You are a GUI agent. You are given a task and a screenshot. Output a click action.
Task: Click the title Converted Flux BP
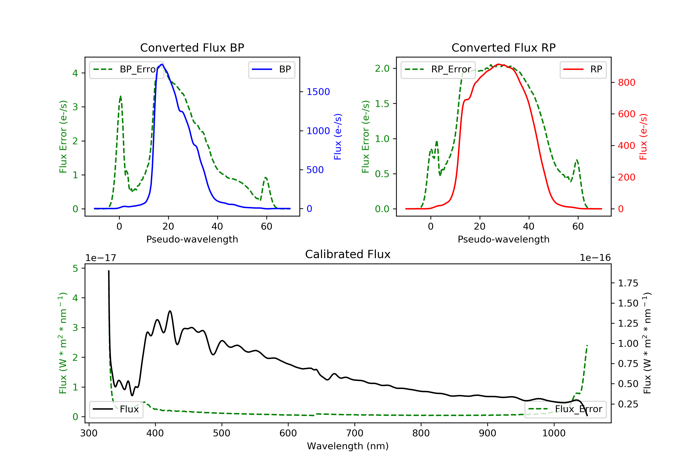pos(192,47)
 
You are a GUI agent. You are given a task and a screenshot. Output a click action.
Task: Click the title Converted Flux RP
pos(503,47)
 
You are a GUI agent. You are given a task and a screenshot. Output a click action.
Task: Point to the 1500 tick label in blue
pos(318,92)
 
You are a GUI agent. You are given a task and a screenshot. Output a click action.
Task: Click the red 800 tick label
pos(626,83)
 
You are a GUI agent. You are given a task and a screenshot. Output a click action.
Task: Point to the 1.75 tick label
pos(628,283)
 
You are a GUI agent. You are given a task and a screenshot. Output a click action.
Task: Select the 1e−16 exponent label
pos(595,258)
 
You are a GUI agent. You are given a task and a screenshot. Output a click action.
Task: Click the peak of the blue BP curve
pos(162,64)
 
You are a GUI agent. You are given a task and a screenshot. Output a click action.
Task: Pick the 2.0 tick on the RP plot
pos(382,69)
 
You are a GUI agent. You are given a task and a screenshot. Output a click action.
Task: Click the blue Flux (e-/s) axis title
pos(338,137)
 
